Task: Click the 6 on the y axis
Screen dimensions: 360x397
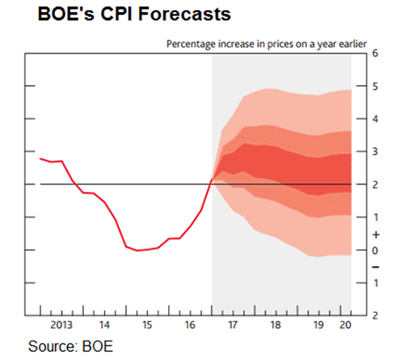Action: (x=375, y=54)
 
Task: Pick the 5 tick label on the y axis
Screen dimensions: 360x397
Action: (x=375, y=86)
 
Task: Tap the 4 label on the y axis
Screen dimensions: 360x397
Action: (x=375, y=119)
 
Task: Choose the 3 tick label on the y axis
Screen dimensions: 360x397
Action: (x=375, y=152)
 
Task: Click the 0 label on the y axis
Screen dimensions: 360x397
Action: (x=375, y=250)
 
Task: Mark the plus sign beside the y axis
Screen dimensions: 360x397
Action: (x=375, y=234)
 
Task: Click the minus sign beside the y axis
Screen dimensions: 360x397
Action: (x=375, y=267)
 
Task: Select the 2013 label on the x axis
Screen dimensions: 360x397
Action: (x=61, y=325)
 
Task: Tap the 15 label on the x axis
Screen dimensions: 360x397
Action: (x=147, y=325)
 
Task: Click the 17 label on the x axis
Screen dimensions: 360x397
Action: (x=233, y=325)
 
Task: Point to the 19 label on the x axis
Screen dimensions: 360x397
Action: (x=319, y=325)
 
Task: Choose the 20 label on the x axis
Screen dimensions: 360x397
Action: (x=345, y=325)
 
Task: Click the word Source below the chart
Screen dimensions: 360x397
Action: (x=50, y=345)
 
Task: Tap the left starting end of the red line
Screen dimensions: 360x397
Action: (x=40, y=158)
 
